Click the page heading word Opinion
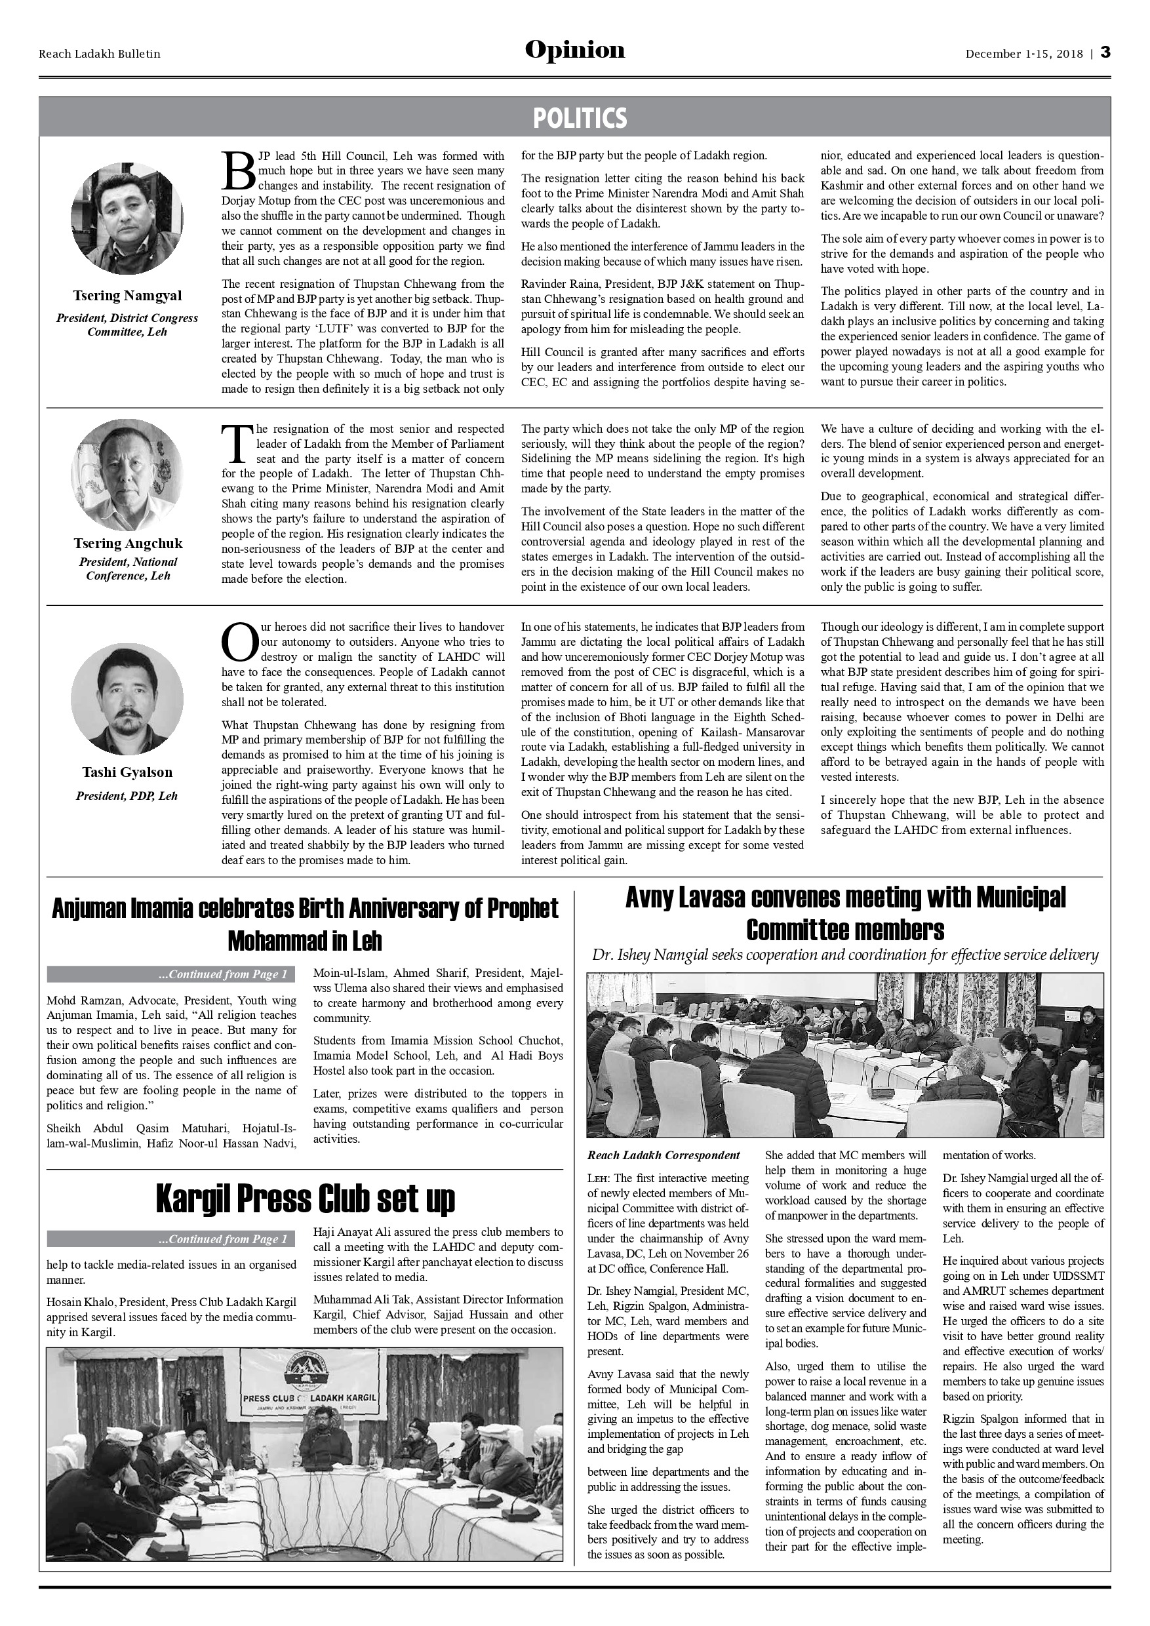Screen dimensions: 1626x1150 pyautogui.click(x=574, y=51)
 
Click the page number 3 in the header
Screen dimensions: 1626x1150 pyautogui.click(x=1105, y=53)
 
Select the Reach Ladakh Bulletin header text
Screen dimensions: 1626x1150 pyautogui.click(x=99, y=54)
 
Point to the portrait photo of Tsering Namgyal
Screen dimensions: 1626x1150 pyautogui.click(x=127, y=218)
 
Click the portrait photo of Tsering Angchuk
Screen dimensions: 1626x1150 pyautogui.click(x=127, y=476)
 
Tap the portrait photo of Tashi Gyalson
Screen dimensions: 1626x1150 pyautogui.click(x=127, y=699)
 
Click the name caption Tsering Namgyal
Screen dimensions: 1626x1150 pyautogui.click(x=127, y=296)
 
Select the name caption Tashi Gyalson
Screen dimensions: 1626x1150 pyautogui.click(x=127, y=772)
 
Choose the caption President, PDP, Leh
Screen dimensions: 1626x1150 pyautogui.click(x=127, y=796)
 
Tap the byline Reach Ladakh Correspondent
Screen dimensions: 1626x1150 pyautogui.click(x=664, y=1156)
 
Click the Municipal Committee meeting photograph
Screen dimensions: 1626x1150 pyautogui.click(x=844, y=1055)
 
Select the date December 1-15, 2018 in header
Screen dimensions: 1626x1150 pyautogui.click(x=1024, y=54)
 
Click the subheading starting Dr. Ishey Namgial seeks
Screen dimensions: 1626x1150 pyautogui.click(x=844, y=955)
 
